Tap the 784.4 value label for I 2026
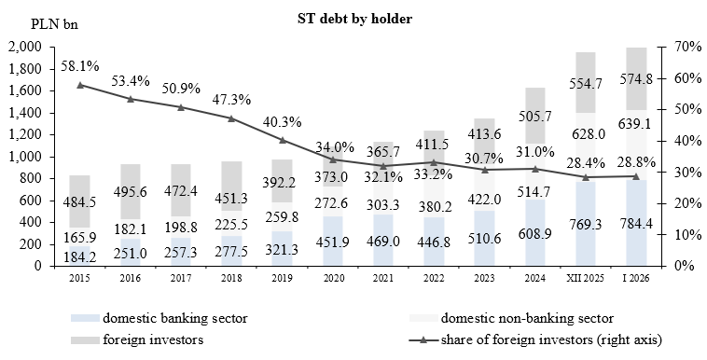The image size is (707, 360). coord(636,250)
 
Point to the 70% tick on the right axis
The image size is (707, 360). coord(674,48)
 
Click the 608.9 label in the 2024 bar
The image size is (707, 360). coord(535,250)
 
